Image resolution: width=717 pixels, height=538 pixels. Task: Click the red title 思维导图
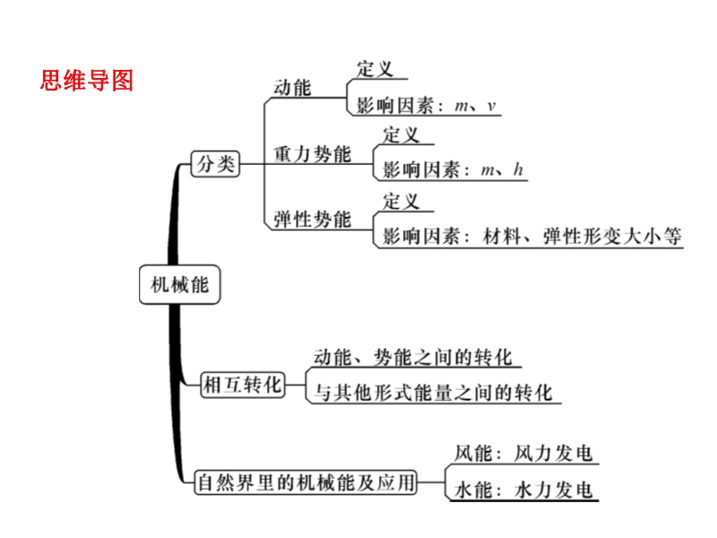pos(87,81)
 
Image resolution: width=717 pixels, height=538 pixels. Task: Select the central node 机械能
pos(179,285)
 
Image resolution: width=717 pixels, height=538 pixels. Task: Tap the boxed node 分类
pos(215,163)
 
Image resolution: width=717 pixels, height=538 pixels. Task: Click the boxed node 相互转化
pos(242,385)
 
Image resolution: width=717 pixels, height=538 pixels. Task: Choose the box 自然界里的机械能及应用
pos(307,482)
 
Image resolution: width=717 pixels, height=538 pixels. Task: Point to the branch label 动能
pos(291,87)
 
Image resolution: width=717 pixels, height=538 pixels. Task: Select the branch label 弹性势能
pos(312,220)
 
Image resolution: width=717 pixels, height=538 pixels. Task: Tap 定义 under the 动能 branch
pos(374,69)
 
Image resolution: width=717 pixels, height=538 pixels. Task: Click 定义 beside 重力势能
pos(401,135)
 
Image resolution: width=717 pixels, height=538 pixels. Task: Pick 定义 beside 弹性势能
pos(401,201)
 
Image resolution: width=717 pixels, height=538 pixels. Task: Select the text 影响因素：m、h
pos(453,169)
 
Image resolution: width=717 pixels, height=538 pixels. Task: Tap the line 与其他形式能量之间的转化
pos(433,392)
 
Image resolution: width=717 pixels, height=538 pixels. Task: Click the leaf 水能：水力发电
pos(524,490)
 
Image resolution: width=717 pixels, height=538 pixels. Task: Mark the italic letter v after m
pos(491,107)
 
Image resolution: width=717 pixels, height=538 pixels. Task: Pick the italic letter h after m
pos(519,169)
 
